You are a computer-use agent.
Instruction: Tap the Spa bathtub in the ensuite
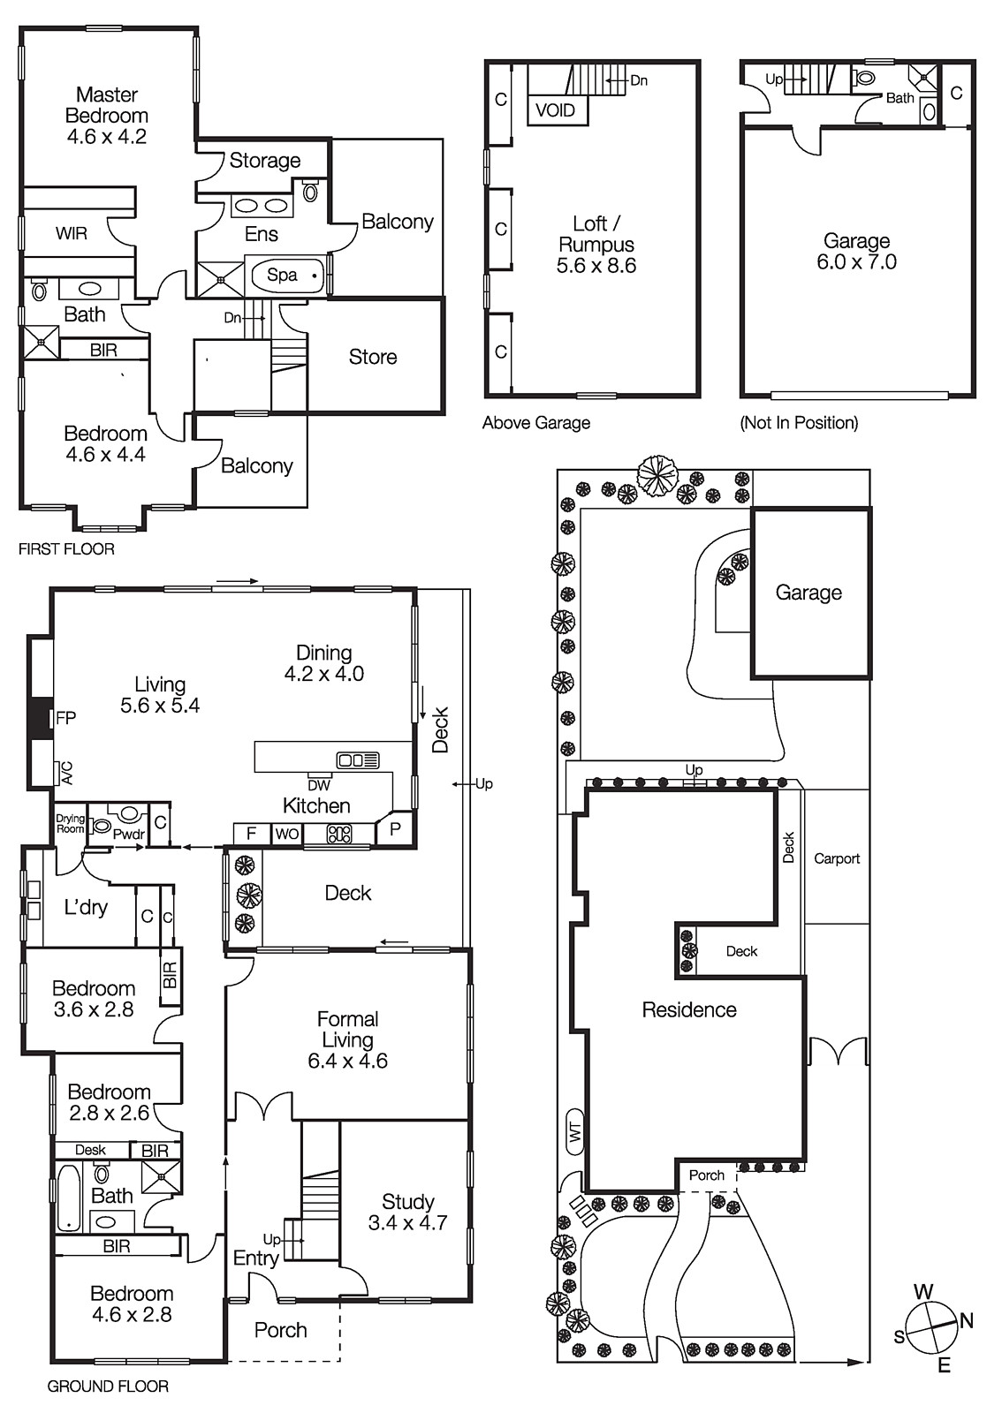coord(284,275)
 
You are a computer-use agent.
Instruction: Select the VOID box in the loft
coord(556,110)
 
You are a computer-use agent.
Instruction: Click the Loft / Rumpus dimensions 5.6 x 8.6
coord(596,266)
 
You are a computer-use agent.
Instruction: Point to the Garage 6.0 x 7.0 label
coord(856,252)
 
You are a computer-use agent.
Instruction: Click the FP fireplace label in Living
coord(66,718)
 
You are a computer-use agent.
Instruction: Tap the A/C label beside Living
coord(66,774)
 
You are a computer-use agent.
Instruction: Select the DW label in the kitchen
coord(319,784)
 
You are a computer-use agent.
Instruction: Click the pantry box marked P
coord(394,830)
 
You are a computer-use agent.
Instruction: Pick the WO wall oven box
coord(286,834)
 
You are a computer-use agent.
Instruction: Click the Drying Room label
coord(71,824)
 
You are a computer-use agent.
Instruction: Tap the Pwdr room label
coord(128,834)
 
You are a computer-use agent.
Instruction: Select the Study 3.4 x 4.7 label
coord(407,1213)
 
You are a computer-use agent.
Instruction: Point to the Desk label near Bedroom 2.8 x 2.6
coord(90,1150)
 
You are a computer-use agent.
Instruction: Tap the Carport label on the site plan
coord(836,858)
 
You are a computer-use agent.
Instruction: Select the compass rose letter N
coord(967,1321)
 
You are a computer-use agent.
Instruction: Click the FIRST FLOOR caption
coord(66,549)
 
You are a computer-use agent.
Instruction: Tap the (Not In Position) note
coord(799,423)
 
